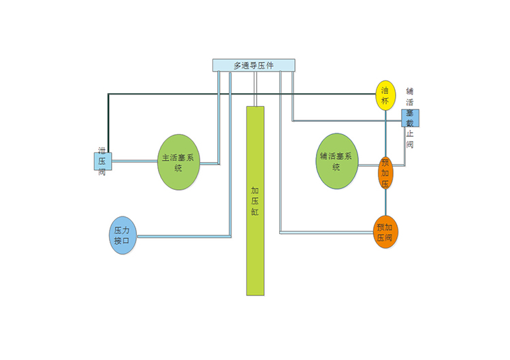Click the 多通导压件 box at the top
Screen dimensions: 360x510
click(253, 65)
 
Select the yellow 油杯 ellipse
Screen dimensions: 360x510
click(385, 95)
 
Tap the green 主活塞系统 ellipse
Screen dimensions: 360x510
click(178, 162)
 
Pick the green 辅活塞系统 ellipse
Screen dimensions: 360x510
click(337, 161)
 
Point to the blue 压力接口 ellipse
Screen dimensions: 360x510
click(123, 235)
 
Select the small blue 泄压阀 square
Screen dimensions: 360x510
click(102, 161)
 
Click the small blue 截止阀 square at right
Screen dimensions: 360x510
click(411, 118)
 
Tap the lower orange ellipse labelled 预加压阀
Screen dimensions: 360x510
click(386, 232)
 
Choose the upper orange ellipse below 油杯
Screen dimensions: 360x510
click(385, 173)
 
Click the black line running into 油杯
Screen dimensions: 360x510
click(238, 93)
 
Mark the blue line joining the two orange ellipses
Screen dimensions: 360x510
click(386, 202)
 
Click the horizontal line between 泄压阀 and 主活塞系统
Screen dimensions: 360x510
click(134, 161)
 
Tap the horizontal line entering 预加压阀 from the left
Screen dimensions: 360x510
click(327, 233)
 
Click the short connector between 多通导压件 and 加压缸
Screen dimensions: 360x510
click(255, 88)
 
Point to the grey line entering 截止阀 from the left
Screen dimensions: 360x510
click(347, 121)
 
